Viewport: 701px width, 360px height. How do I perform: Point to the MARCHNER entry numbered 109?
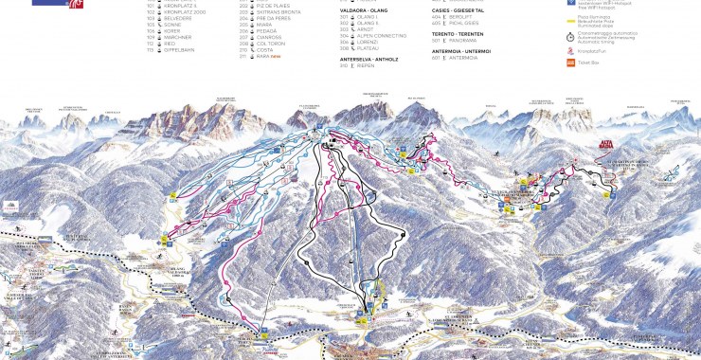point(180,36)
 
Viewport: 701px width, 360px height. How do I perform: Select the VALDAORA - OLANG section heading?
point(364,9)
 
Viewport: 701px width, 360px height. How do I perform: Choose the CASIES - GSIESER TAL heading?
point(464,9)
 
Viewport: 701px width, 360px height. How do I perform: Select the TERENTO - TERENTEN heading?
point(463,33)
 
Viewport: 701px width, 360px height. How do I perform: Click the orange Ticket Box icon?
point(569,63)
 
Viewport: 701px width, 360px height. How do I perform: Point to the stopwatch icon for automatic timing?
point(569,34)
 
